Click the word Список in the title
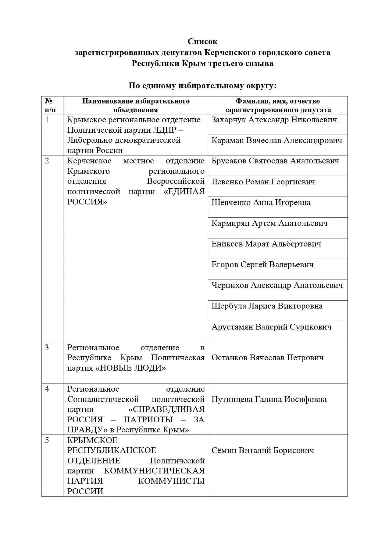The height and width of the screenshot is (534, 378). [202, 41]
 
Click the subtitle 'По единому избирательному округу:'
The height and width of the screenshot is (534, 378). [202, 86]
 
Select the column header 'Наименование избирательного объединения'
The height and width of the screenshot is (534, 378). [136, 105]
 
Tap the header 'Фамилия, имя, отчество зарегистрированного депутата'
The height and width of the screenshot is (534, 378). [277, 105]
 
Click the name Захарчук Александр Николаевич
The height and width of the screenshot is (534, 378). [274, 120]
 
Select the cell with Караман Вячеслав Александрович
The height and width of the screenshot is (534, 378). [276, 141]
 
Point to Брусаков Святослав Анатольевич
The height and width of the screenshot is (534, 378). [275, 161]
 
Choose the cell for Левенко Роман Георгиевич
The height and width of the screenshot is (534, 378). [263, 182]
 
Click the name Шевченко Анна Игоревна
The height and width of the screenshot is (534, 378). [261, 203]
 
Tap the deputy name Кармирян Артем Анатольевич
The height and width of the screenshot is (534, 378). [269, 223]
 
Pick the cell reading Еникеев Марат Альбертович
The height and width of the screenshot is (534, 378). [266, 244]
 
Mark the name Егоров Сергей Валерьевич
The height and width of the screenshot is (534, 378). [262, 265]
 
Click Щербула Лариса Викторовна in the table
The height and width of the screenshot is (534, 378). [267, 306]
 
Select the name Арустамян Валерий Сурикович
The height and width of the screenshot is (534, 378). [271, 327]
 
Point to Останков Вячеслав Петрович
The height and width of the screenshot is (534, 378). [267, 358]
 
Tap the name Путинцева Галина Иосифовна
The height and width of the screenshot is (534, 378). [269, 400]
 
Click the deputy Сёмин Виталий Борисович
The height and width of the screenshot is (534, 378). [263, 451]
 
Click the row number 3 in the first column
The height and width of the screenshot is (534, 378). [47, 347]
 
